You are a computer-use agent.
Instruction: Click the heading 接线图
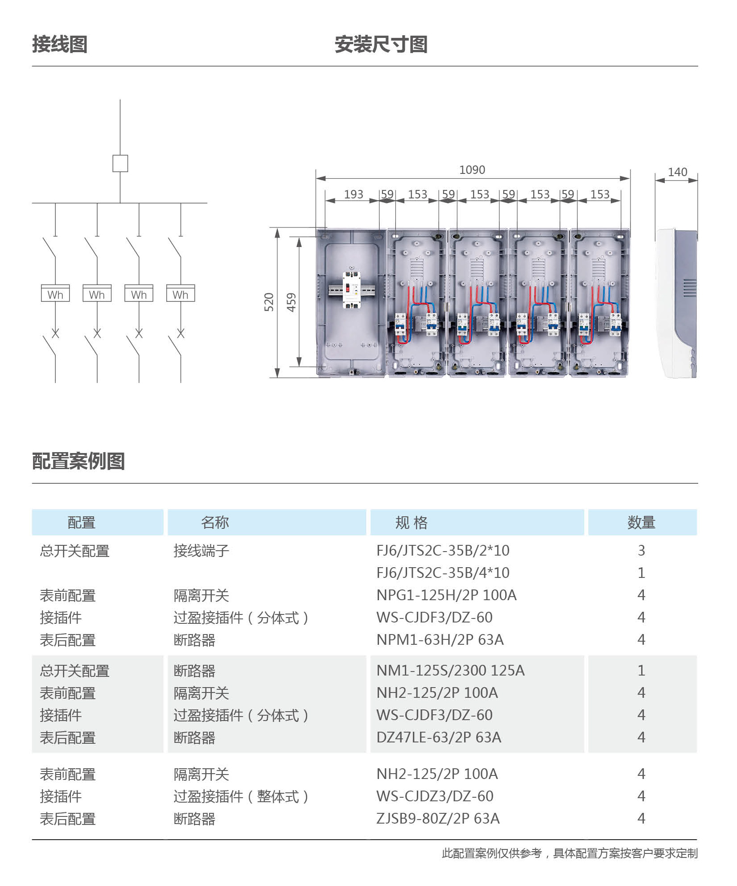click(x=60, y=44)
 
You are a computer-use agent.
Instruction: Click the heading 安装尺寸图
click(x=381, y=44)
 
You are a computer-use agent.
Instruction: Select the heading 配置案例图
click(x=78, y=461)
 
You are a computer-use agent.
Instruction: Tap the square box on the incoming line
click(x=120, y=163)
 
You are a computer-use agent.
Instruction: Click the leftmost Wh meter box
click(x=55, y=293)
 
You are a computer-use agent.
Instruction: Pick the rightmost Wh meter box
click(x=181, y=293)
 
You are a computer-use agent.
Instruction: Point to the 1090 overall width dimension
click(x=472, y=170)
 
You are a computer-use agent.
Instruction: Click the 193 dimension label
click(x=354, y=194)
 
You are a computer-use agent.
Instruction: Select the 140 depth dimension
click(x=677, y=172)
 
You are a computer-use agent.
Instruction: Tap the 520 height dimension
click(x=269, y=302)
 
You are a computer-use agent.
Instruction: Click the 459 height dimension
click(x=291, y=302)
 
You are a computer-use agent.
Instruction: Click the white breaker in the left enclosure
click(x=351, y=290)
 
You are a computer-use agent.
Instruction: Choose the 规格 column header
click(x=411, y=522)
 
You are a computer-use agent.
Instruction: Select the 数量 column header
click(x=641, y=522)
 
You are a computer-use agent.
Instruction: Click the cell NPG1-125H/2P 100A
click(x=446, y=595)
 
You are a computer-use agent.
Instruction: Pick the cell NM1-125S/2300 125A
click(x=450, y=670)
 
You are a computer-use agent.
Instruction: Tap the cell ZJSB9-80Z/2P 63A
click(x=438, y=818)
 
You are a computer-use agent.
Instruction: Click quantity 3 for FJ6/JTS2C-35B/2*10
click(x=641, y=550)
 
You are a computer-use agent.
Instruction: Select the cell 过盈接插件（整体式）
click(x=241, y=796)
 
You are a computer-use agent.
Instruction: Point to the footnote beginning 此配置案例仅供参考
click(x=569, y=853)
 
